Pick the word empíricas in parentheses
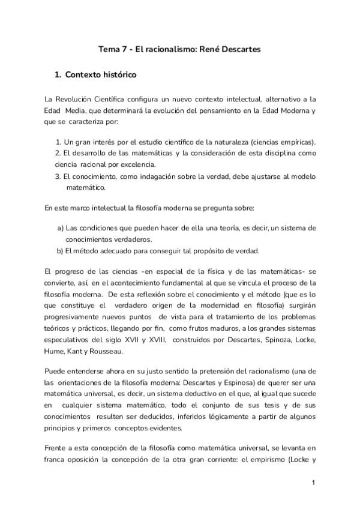295,142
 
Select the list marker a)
61,228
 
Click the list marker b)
61,251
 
